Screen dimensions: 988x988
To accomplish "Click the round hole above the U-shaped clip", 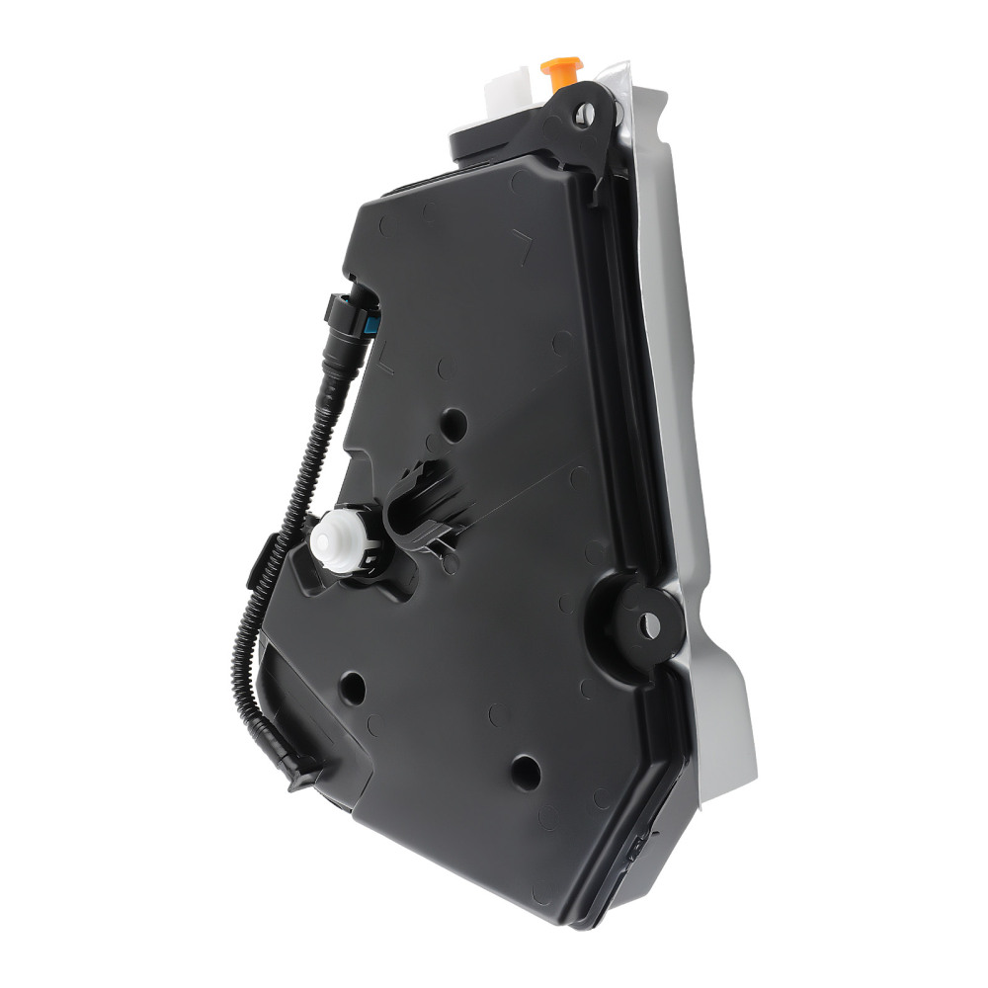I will pyautogui.click(x=454, y=422).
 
